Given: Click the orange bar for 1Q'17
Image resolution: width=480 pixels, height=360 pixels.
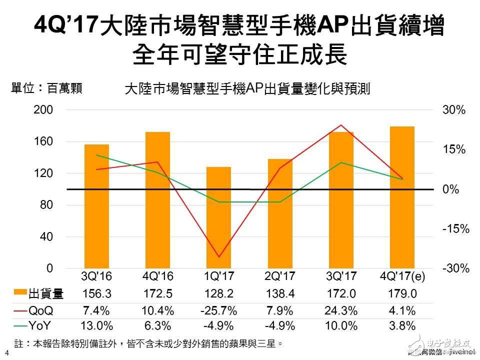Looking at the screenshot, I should coord(218,217).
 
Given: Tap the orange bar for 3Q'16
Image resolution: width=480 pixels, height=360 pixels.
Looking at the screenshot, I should coord(96,206).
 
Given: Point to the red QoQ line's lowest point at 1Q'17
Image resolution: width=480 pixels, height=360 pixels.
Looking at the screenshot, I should coord(218,257).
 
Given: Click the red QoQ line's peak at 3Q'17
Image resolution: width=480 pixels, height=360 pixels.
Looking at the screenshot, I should coord(341,125).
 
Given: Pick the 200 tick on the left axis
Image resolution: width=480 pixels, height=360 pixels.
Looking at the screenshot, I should coord(43,110).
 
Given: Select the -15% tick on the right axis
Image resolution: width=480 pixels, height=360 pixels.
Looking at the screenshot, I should coord(455,229).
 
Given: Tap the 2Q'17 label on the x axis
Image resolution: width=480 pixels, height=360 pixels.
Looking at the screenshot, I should coord(280,276).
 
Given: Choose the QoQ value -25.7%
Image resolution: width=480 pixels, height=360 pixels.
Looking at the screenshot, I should coord(218,310).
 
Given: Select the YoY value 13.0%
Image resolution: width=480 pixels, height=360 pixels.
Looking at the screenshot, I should coord(96,326).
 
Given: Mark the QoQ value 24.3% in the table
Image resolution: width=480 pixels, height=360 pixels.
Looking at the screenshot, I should coord(341,310).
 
